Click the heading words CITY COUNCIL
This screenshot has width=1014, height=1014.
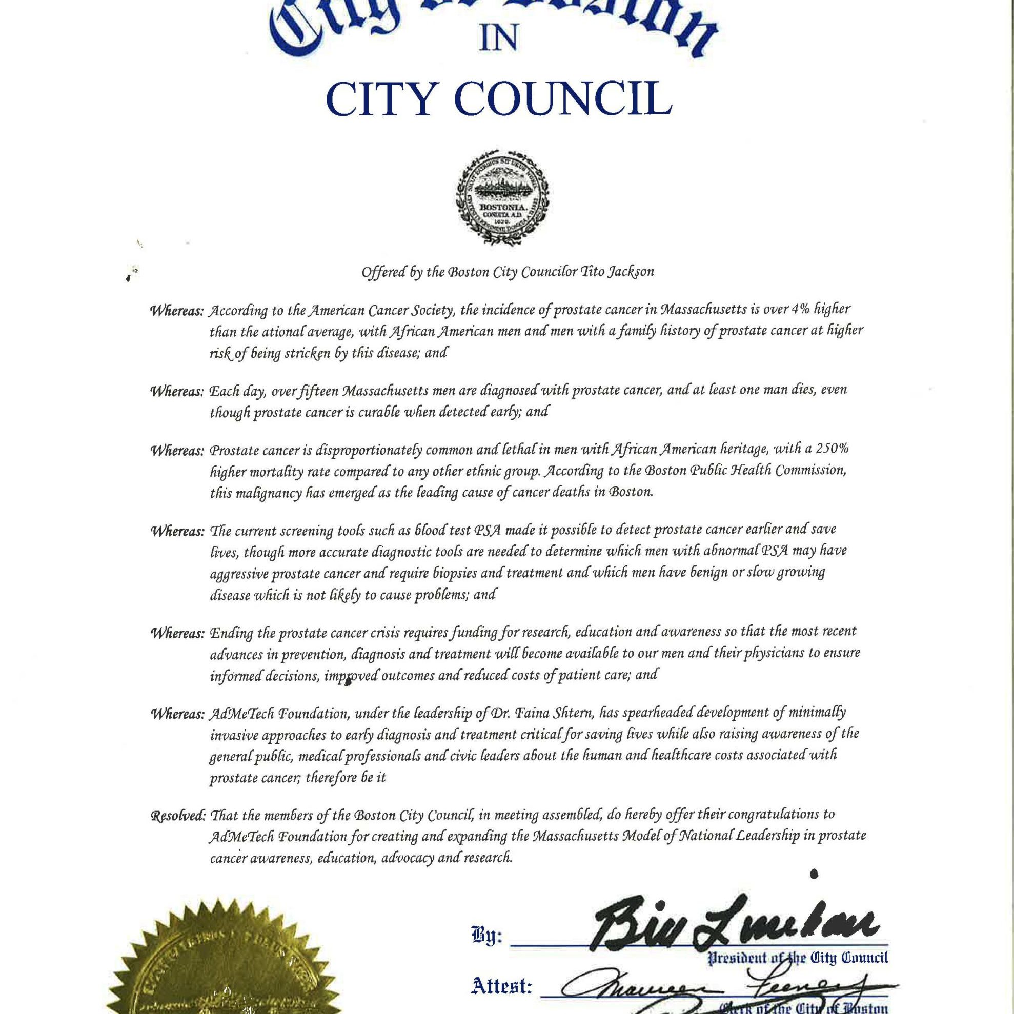tap(499, 97)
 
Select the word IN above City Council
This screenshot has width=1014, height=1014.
tap(499, 40)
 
